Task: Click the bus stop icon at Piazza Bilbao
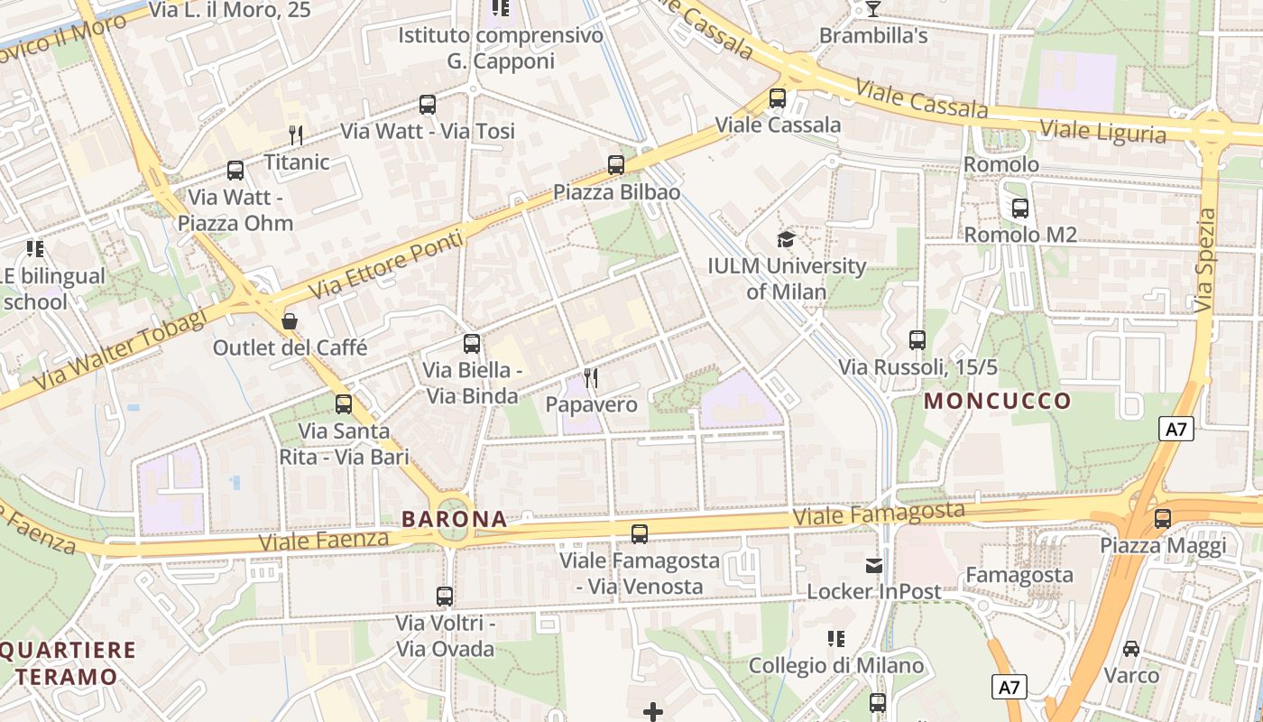click(x=616, y=165)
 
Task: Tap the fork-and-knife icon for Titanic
click(x=296, y=135)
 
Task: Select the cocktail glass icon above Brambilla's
click(x=872, y=9)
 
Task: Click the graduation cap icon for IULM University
click(x=787, y=239)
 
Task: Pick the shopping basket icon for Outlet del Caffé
click(x=290, y=320)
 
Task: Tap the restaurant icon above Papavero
click(x=591, y=377)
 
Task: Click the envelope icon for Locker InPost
click(x=873, y=565)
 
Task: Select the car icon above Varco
click(x=1131, y=648)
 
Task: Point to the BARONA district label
click(x=454, y=519)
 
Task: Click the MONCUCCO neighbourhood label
click(x=997, y=400)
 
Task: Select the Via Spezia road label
click(x=1206, y=261)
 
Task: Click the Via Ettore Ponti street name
click(x=387, y=265)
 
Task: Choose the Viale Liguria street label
click(x=1102, y=131)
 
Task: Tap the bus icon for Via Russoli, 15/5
click(x=917, y=340)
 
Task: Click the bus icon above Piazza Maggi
click(x=1163, y=519)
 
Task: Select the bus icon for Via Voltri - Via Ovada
click(x=445, y=597)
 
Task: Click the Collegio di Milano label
click(x=836, y=666)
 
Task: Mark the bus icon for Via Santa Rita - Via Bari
click(x=344, y=404)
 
